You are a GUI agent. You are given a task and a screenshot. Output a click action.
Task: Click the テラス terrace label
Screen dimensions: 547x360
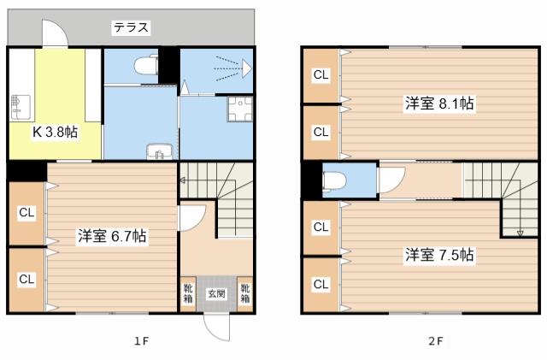pyautogui.click(x=131, y=27)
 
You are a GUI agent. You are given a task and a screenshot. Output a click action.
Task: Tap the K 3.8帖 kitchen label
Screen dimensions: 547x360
pyautogui.click(x=55, y=132)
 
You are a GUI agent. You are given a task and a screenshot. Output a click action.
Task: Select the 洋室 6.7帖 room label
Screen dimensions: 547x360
pyautogui.click(x=112, y=236)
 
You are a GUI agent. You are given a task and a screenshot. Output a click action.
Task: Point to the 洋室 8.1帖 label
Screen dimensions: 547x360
pyautogui.click(x=439, y=103)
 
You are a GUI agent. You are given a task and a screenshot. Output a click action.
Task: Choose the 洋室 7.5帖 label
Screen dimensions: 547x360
pyautogui.click(x=439, y=255)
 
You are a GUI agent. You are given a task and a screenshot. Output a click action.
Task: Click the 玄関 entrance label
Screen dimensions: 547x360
pyautogui.click(x=216, y=293)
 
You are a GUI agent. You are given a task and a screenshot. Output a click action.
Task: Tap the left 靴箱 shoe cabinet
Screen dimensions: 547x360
pyautogui.click(x=188, y=293)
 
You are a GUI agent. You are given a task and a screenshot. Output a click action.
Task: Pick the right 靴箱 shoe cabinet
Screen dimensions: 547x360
pyautogui.click(x=245, y=293)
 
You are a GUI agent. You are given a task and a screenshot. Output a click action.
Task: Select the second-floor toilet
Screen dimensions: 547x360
pyautogui.click(x=335, y=181)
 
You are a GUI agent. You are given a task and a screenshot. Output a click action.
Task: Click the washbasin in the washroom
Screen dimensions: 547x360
pyautogui.click(x=160, y=151)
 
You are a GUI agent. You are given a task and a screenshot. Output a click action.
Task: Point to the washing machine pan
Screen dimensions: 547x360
pyautogui.click(x=240, y=109)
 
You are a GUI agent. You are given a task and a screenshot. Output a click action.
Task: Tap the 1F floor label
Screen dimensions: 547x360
pyautogui.click(x=142, y=341)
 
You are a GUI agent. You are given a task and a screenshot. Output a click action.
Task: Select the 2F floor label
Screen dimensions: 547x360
pyautogui.click(x=436, y=341)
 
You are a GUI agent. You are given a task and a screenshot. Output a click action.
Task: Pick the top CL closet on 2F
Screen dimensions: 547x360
pyautogui.click(x=321, y=75)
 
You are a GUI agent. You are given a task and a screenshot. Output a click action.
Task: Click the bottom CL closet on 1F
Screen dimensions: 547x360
pyautogui.click(x=26, y=280)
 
